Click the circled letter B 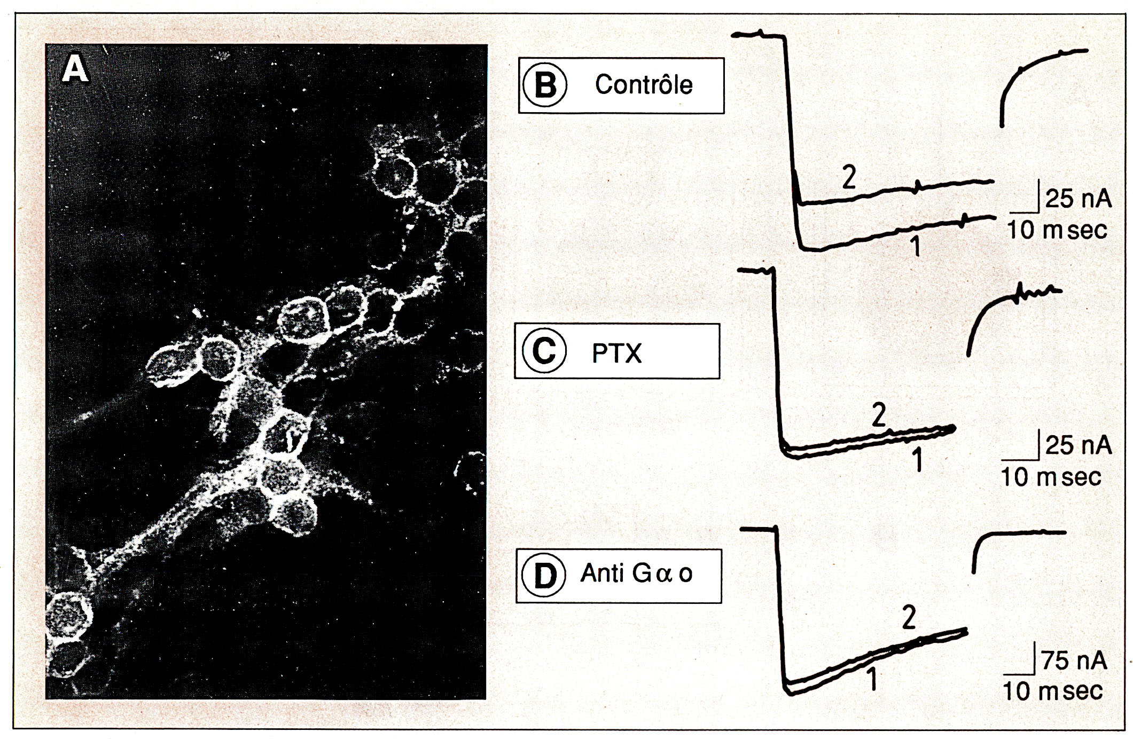(x=545, y=85)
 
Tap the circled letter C (x=544, y=352)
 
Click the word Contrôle (x=644, y=85)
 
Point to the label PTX (x=616, y=353)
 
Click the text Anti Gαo (x=637, y=573)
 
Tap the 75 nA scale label (x=1074, y=661)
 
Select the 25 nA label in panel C (x=1078, y=445)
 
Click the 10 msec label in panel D (x=1052, y=691)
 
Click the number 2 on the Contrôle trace (x=848, y=179)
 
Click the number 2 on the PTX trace (x=879, y=415)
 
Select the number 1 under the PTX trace (x=918, y=461)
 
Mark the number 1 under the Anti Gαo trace (x=872, y=680)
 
